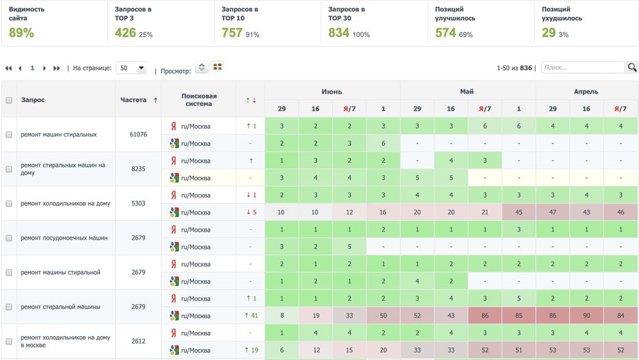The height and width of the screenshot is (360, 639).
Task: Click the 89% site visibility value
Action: [x=21, y=33]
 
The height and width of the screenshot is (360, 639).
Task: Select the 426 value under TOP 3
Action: [x=125, y=33]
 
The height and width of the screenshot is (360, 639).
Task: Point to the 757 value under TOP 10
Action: [x=232, y=33]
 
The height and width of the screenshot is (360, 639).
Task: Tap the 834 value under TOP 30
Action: [x=339, y=33]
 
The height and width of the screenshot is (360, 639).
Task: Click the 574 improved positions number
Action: [x=446, y=33]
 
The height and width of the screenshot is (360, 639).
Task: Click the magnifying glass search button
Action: [x=631, y=68]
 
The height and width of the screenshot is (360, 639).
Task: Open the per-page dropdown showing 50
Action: [x=132, y=68]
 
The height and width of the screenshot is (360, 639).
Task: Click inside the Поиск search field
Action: [x=582, y=68]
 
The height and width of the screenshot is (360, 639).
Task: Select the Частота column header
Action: [x=133, y=100]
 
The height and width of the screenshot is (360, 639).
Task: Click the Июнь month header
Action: [x=332, y=92]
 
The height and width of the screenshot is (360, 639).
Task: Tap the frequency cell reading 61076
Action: [x=138, y=135]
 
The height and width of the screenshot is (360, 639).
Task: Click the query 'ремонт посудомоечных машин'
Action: [x=64, y=238]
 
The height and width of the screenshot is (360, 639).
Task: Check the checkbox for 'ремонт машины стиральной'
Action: [x=9, y=272]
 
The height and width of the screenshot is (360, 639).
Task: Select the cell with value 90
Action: [x=586, y=316]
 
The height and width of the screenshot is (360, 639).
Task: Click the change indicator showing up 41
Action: [x=250, y=316]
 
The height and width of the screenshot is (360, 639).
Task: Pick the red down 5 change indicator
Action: [x=250, y=212]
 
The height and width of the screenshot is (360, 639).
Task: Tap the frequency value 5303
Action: [x=138, y=204]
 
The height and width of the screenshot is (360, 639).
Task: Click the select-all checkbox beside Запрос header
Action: [x=9, y=100]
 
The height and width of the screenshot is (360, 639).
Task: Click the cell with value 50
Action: [x=383, y=316]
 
